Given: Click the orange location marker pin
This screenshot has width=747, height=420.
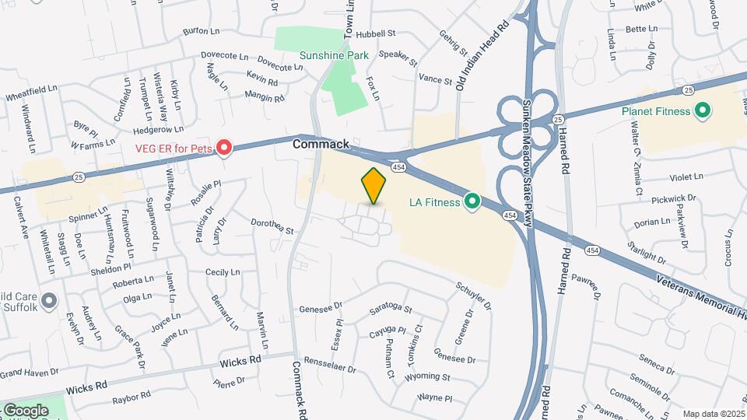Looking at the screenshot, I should [374, 185].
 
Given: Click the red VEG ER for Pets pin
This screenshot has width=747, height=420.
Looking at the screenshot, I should [224, 147].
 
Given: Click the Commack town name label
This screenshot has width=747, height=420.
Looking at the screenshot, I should [321, 145].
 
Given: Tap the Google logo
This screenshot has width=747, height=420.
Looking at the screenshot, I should [25, 410].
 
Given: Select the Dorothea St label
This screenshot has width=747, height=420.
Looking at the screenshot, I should [272, 226].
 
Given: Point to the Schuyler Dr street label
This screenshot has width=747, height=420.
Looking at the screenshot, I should [474, 295].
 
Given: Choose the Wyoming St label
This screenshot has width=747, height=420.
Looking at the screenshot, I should [428, 377].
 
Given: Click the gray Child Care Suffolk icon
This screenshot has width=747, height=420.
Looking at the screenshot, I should [48, 300].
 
